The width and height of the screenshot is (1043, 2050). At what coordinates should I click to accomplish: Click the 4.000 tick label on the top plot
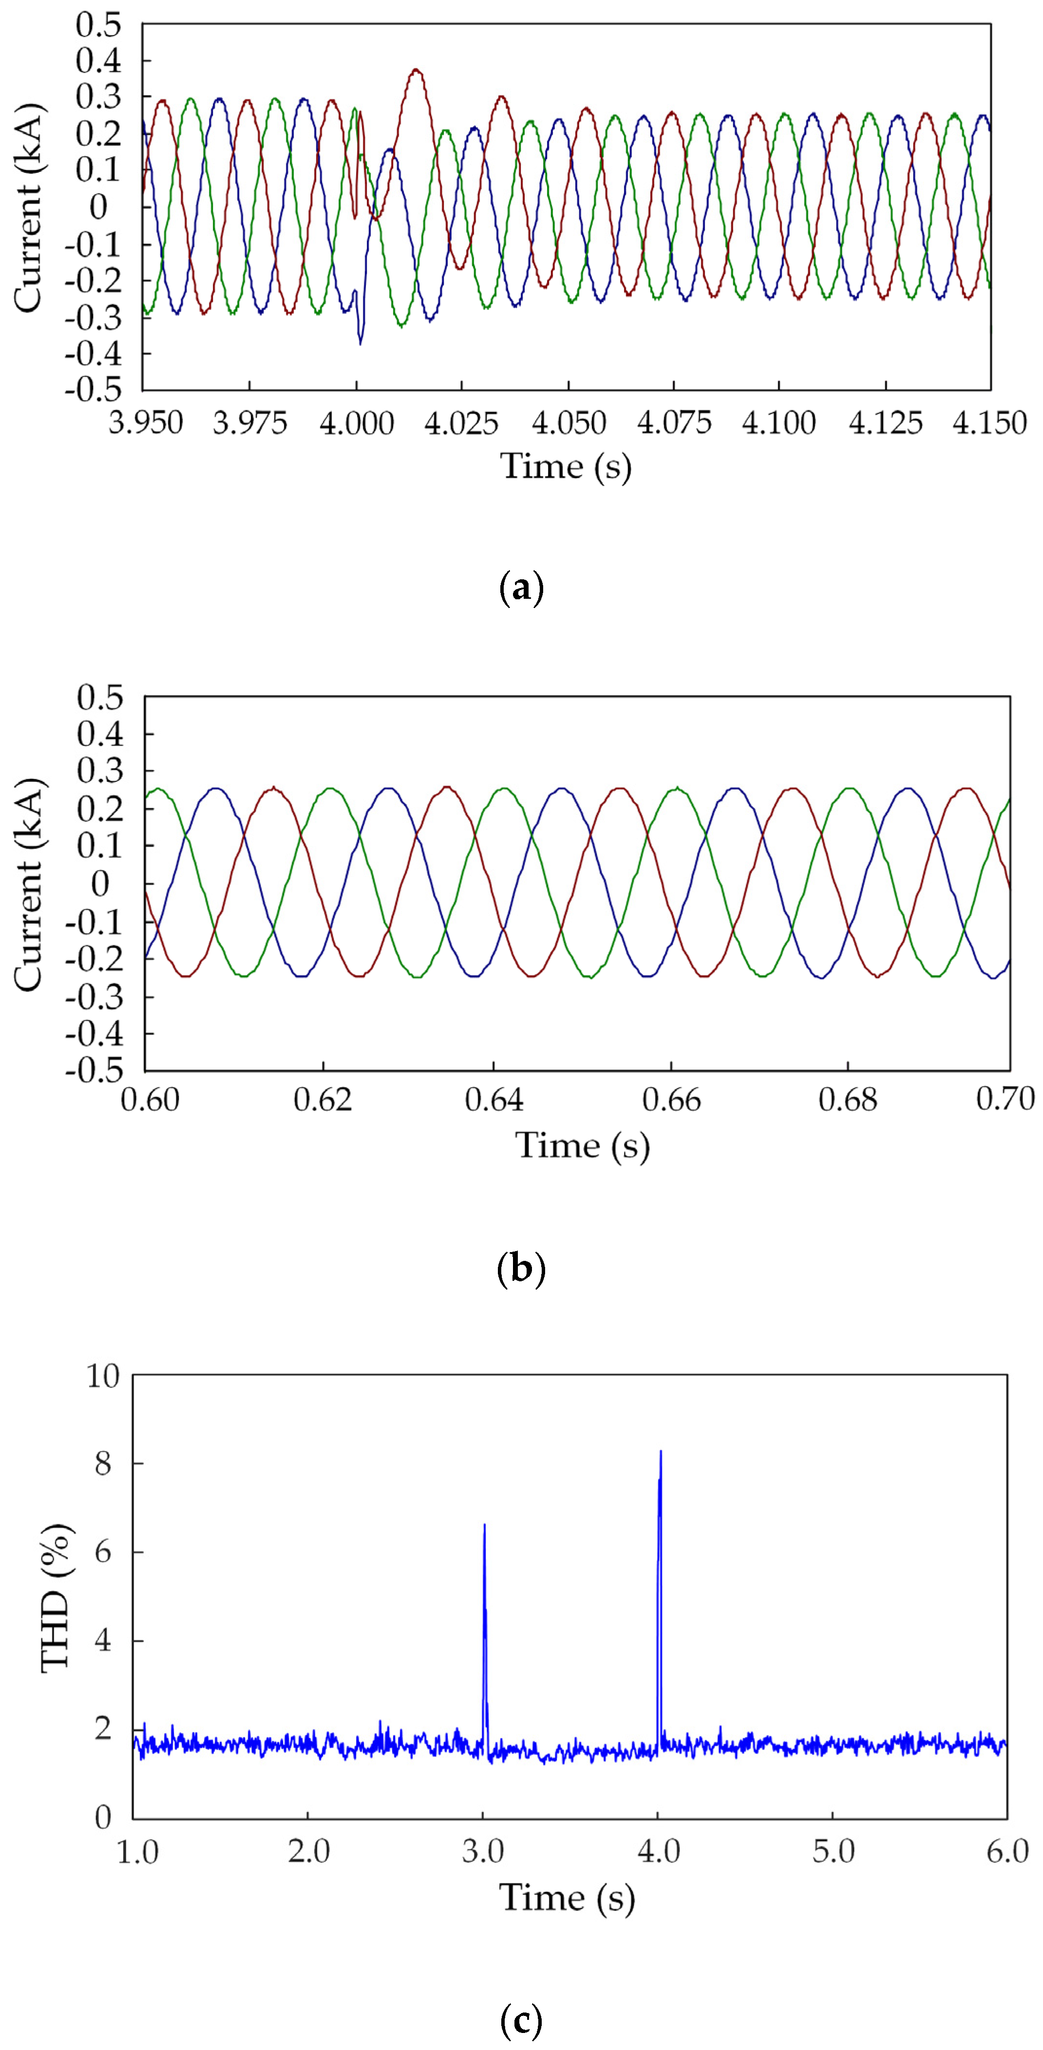click(356, 423)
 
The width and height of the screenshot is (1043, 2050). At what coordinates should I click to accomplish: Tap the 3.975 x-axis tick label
click(249, 423)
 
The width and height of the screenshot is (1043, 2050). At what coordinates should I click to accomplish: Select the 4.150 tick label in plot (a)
click(989, 423)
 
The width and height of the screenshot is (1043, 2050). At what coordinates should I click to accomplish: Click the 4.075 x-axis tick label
click(674, 423)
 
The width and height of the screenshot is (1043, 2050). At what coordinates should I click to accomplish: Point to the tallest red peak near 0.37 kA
click(416, 71)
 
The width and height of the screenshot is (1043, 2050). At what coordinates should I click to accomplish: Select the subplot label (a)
click(521, 589)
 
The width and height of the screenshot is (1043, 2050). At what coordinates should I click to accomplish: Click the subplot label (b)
click(521, 1269)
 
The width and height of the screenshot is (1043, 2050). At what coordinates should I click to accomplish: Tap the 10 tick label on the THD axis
click(103, 1376)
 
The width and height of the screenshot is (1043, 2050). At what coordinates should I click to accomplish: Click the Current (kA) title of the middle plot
click(29, 884)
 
